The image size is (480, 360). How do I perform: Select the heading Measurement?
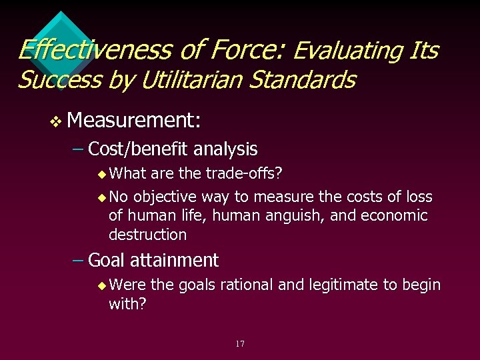(x=134, y=120)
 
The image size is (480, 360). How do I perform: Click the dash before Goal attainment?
(x=77, y=259)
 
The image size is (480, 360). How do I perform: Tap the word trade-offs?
(x=241, y=174)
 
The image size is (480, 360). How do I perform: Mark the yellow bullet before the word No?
(x=101, y=198)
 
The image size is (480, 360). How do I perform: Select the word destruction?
(x=147, y=235)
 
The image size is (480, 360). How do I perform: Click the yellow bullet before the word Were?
(x=101, y=286)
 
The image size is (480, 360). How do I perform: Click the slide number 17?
(x=240, y=344)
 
